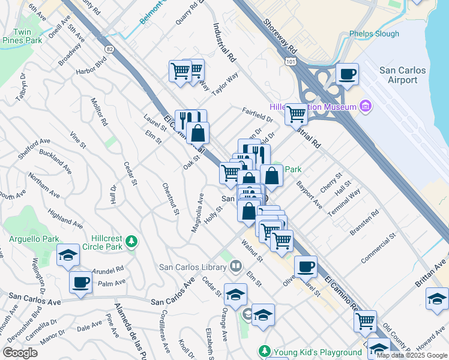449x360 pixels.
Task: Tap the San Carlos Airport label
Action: [403, 75]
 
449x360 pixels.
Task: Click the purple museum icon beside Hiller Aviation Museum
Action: [366, 107]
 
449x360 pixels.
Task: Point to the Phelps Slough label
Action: [374, 34]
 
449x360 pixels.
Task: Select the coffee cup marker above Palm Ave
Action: [80, 282]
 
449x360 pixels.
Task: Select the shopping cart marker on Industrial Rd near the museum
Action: [297, 113]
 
